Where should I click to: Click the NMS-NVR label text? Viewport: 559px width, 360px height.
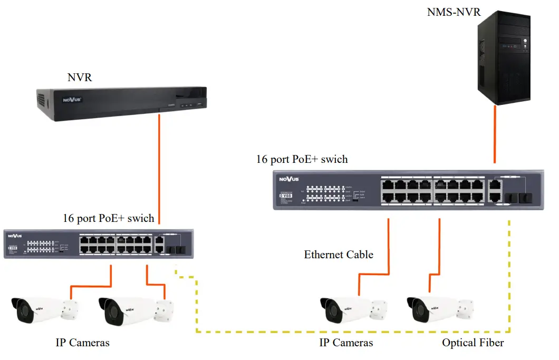point(454,12)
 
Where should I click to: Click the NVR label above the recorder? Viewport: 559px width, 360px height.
point(80,77)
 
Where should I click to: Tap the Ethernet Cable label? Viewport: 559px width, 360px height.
point(339,255)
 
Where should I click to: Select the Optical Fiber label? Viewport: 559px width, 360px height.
point(473,343)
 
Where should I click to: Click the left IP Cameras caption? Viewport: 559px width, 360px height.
point(83,343)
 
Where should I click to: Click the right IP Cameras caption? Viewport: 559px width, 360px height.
point(346,343)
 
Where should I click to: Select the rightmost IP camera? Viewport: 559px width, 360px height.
point(439,309)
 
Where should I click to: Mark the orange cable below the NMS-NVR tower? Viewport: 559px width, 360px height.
point(495,134)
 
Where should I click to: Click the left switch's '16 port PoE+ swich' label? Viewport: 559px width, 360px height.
point(108,218)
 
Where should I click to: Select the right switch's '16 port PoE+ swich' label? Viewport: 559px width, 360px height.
point(302,159)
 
